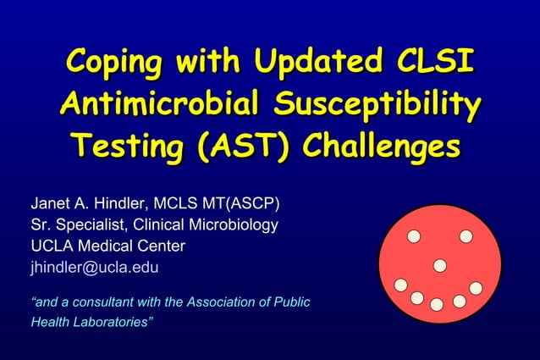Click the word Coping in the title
tap(116, 64)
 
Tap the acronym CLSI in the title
tap(432, 64)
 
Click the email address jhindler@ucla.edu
tap(94, 268)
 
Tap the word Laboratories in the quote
tap(107, 323)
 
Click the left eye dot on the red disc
tap(414, 235)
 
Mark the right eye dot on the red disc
tap(466, 235)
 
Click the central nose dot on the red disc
tap(439, 265)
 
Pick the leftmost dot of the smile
tap(401, 285)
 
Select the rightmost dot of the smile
tap(476, 288)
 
